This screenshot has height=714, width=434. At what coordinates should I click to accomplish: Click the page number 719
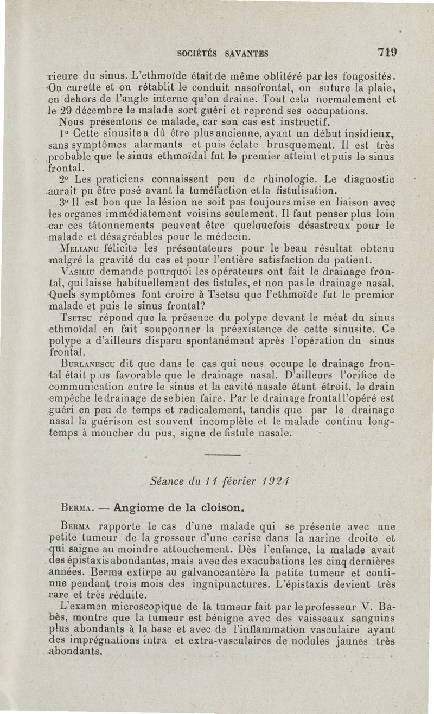pos(388,53)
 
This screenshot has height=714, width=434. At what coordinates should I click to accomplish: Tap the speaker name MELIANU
pos(78,248)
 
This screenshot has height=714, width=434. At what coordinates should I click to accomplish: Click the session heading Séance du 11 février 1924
pos(219,480)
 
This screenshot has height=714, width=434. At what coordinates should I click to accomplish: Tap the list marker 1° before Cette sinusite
pos(63,132)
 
